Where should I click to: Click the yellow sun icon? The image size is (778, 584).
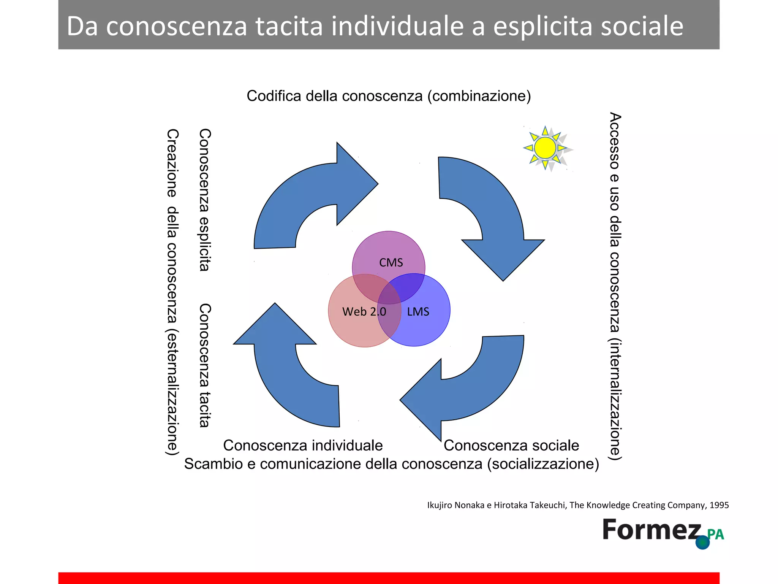coord(546,148)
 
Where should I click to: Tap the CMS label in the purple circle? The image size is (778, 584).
coord(391,263)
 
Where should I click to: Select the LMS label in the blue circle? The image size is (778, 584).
coord(418,312)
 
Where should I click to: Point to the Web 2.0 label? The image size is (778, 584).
coord(364,312)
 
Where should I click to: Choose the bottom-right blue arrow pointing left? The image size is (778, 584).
coord(475,392)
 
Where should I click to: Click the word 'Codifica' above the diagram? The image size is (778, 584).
coord(274,96)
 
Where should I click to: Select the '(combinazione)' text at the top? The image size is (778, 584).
coord(479,96)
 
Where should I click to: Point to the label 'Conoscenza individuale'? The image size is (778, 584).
coord(303,445)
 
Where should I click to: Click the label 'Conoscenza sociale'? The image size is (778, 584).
coord(511,445)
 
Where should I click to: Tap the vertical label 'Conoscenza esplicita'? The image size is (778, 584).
coord(205,200)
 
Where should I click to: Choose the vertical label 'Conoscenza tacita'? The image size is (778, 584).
coord(205,365)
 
